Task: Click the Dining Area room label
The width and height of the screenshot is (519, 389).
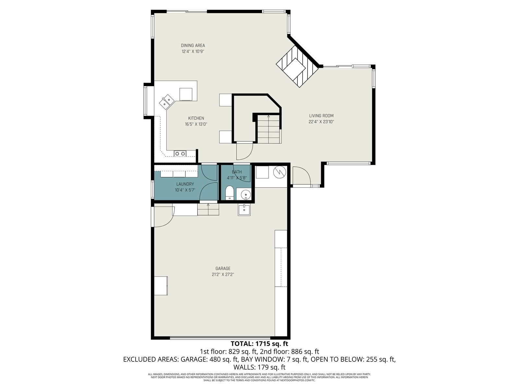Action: click(x=193, y=45)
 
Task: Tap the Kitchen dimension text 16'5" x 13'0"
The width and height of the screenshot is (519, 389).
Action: click(x=196, y=124)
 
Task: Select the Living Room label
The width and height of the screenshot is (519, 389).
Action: click(x=321, y=116)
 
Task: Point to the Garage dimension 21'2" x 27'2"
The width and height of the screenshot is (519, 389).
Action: click(x=223, y=275)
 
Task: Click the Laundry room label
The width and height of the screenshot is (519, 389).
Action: click(x=185, y=184)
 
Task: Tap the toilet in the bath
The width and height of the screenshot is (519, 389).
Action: click(x=229, y=193)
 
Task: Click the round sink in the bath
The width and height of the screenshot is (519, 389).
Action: click(x=246, y=195)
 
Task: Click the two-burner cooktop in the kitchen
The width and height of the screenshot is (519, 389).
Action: click(x=180, y=154)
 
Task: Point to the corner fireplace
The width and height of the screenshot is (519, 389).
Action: click(x=297, y=66)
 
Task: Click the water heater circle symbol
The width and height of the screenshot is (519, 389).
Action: click(x=280, y=172)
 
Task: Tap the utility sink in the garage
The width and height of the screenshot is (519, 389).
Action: click(x=244, y=210)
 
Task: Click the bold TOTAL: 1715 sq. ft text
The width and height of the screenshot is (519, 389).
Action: click(x=259, y=343)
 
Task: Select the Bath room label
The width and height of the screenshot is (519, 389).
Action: click(x=237, y=172)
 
